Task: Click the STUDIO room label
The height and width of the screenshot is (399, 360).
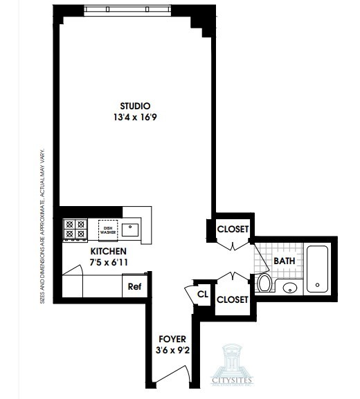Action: (135, 105)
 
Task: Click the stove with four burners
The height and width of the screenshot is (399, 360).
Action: (75, 230)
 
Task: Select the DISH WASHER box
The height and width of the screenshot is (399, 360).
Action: (107, 230)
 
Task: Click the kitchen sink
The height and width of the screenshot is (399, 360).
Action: (132, 230)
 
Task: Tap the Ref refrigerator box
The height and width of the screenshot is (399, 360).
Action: (134, 286)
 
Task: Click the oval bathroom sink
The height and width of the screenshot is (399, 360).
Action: (289, 288)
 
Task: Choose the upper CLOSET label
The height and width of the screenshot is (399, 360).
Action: (232, 230)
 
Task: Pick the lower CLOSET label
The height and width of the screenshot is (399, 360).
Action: (232, 299)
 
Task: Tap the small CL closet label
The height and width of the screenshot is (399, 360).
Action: (202, 293)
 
